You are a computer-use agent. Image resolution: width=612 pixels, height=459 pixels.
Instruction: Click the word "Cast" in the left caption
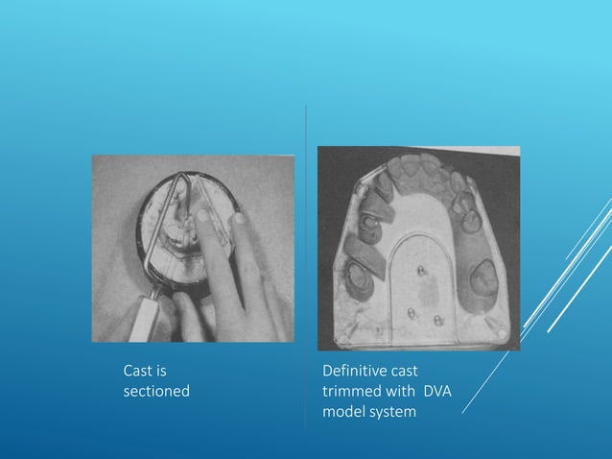[x=138, y=370]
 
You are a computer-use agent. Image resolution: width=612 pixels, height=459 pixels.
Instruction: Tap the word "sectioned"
[x=156, y=392]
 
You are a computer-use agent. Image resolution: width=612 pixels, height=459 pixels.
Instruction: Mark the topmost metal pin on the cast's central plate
[x=420, y=275]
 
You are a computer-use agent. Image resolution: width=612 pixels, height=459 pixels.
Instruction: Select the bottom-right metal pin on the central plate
[x=437, y=320]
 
